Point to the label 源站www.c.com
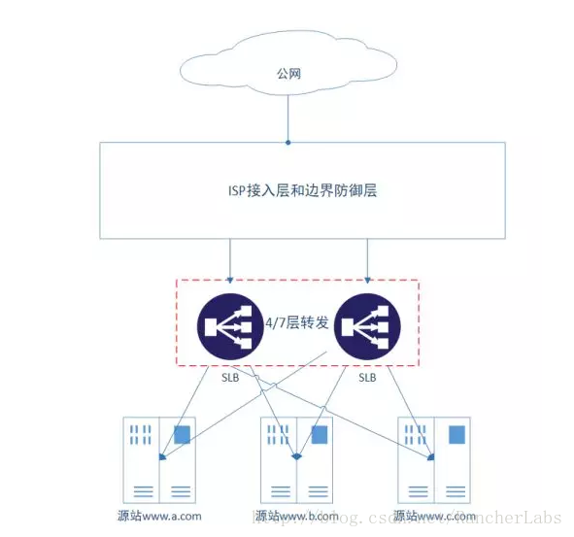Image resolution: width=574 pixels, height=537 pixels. [436, 516]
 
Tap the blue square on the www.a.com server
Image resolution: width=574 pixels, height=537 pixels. [182, 435]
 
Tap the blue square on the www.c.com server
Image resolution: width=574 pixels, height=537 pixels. [456, 435]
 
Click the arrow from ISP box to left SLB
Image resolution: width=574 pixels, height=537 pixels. [229, 260]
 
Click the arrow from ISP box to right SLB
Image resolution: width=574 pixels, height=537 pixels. [367, 260]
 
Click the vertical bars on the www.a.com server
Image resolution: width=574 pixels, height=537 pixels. [141, 433]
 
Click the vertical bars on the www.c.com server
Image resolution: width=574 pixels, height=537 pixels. [417, 433]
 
